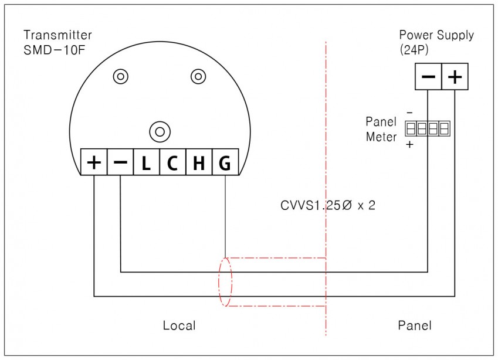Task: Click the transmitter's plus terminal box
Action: tap(94, 162)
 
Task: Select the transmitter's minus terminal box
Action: tap(120, 162)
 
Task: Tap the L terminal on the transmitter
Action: tap(147, 162)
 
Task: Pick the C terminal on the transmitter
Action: tap(173, 162)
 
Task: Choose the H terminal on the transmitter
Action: tap(199, 162)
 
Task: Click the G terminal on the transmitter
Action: tap(225, 162)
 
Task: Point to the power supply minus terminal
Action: tap(428, 76)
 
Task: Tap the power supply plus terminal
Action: tap(455, 76)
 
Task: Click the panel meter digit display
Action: tap(428, 128)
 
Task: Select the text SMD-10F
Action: tap(55, 50)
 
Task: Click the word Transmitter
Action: tap(58, 35)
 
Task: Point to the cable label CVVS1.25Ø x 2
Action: tap(328, 205)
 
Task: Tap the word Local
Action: tap(179, 325)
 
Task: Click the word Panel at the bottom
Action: tap(415, 325)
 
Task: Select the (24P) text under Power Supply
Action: tap(414, 50)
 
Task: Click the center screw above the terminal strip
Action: tap(160, 132)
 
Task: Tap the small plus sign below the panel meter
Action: tap(409, 144)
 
